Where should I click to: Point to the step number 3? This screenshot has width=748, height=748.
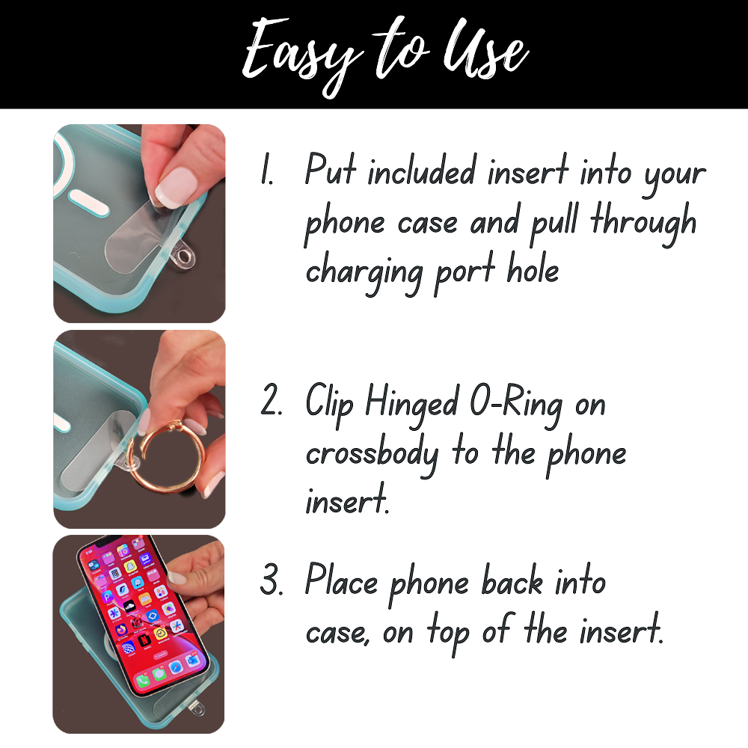point(272,583)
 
